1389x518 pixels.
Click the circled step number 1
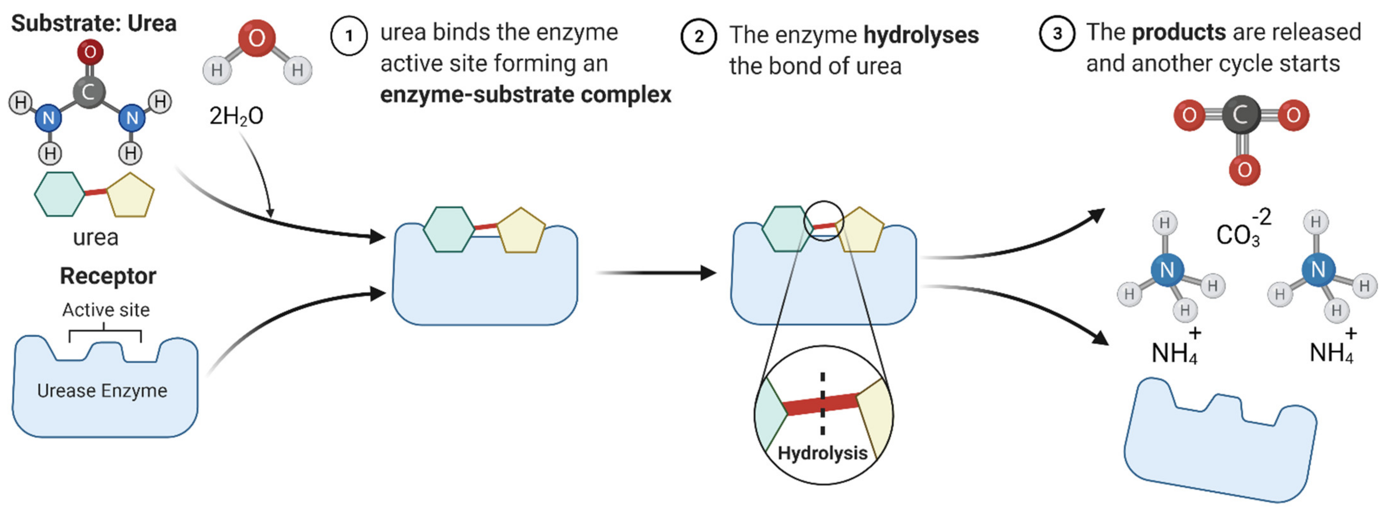point(349,36)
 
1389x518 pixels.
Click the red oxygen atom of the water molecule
point(257,38)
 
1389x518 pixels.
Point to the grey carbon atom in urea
point(89,92)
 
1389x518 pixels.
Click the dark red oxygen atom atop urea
point(90,52)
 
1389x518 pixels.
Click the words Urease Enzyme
point(102,390)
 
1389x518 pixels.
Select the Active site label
point(106,310)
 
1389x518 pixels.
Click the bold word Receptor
point(108,276)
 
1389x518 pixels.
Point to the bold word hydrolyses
point(921,35)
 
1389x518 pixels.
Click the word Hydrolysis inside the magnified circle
point(822,453)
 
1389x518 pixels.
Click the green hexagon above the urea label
point(59,194)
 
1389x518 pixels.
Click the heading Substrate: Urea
point(94,23)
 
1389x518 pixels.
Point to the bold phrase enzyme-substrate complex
point(526,94)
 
